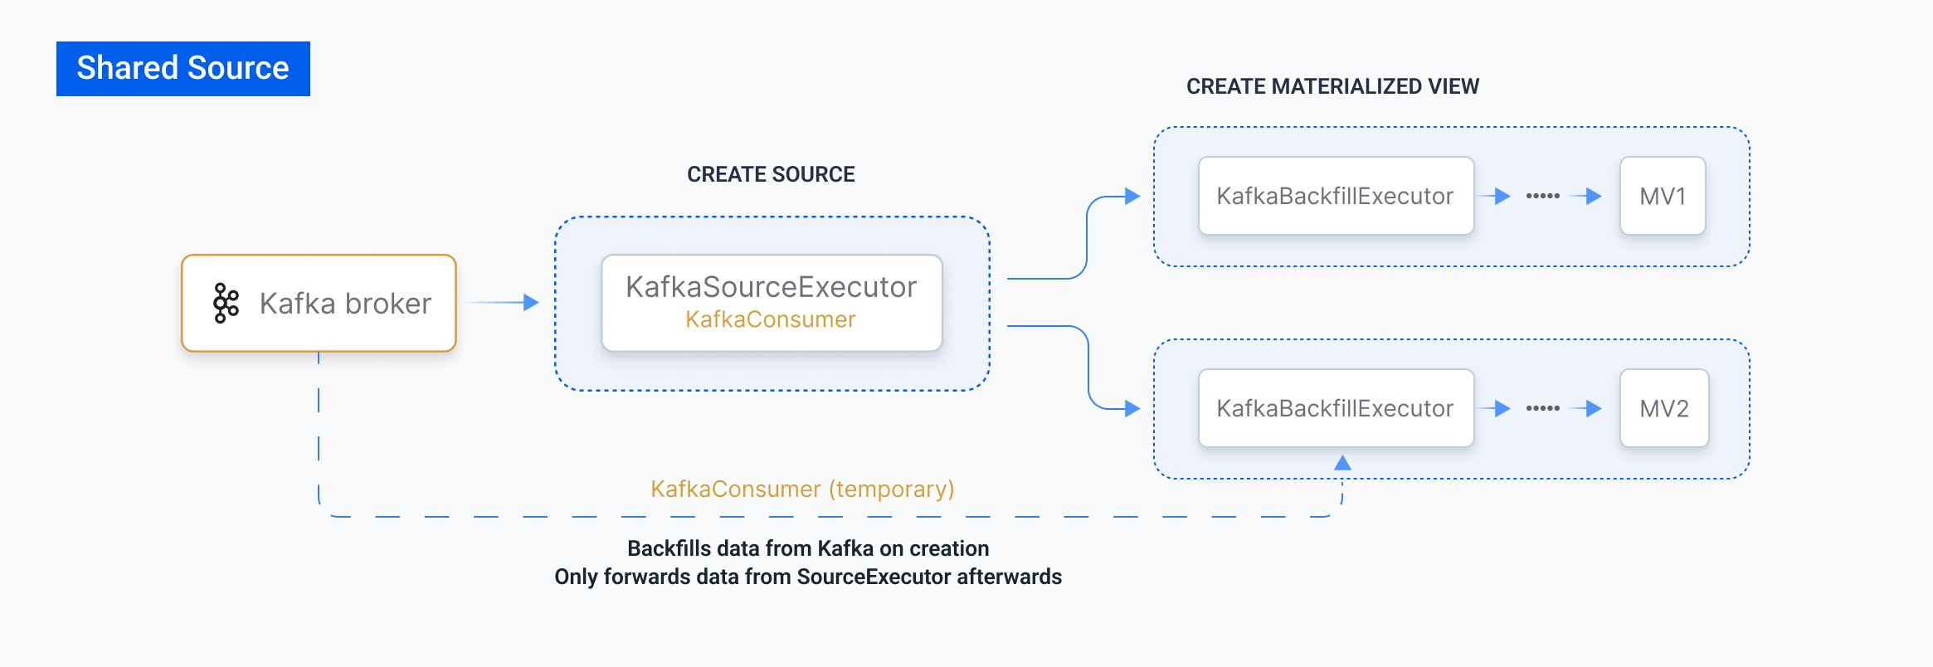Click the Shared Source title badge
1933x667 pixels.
coord(183,68)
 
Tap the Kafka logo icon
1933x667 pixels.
coord(226,303)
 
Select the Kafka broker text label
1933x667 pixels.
coord(345,304)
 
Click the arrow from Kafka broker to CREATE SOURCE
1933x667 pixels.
coord(501,303)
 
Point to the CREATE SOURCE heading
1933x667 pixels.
coord(771,174)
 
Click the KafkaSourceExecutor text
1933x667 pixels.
coord(771,287)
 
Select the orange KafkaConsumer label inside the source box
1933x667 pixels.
coord(771,319)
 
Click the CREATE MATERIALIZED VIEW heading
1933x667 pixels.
coord(1332,86)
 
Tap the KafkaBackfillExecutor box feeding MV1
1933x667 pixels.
coord(1336,196)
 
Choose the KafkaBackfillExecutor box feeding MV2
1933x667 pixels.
coord(1336,408)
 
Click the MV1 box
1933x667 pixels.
coord(1663,196)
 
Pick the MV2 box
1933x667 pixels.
coord(1664,408)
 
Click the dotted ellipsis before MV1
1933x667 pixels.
coord(1543,196)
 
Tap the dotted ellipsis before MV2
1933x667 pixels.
coord(1543,408)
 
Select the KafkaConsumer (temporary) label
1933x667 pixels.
coord(802,489)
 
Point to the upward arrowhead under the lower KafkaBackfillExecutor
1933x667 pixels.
coord(1342,463)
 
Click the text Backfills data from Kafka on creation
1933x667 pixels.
coord(808,548)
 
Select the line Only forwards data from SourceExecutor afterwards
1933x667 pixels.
coord(808,577)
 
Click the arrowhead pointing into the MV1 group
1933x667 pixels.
coord(1132,197)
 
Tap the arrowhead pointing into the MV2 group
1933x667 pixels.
coord(1132,408)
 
